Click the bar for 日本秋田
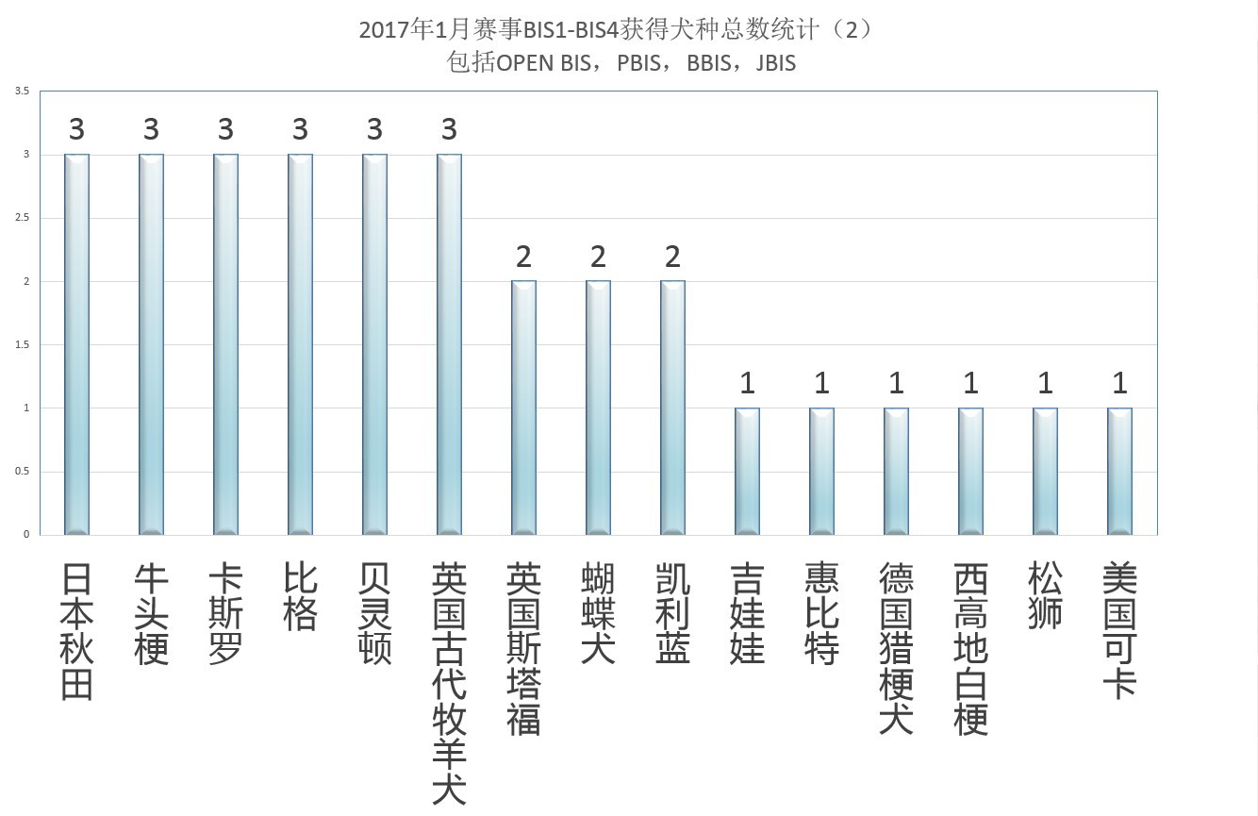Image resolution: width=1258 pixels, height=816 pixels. (76, 344)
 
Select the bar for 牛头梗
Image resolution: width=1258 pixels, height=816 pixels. (151, 344)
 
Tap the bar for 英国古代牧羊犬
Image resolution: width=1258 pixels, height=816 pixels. (449, 344)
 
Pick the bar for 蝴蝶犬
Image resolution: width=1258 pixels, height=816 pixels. (598, 408)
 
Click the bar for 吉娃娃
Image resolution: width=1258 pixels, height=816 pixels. (747, 471)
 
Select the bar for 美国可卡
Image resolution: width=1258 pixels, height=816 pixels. (1119, 471)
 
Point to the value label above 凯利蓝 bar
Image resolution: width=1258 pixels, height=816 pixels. (672, 257)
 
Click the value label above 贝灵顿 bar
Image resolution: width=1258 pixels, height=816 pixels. (374, 129)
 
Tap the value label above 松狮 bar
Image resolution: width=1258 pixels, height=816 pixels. (1045, 383)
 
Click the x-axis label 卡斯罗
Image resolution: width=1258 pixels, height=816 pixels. (225, 615)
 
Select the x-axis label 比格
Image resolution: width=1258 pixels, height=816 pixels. (300, 597)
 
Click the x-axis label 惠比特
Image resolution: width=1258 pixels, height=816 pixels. (821, 615)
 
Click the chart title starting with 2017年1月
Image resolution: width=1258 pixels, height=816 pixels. (615, 29)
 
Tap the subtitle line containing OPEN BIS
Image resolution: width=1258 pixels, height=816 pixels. (621, 63)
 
